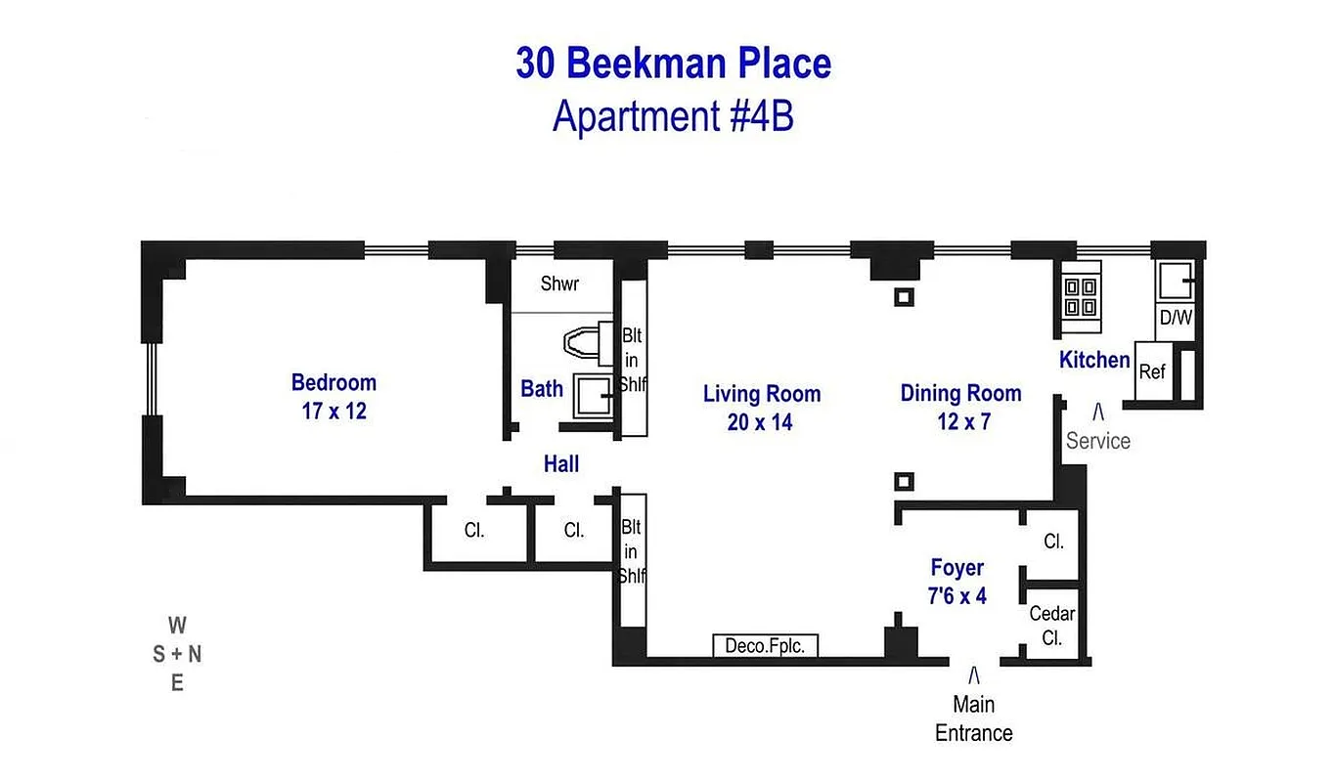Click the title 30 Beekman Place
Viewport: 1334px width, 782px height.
click(x=673, y=65)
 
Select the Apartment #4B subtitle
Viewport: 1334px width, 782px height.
click(x=673, y=116)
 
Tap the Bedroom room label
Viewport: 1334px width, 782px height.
click(x=333, y=382)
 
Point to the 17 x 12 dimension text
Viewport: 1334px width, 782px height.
click(x=333, y=412)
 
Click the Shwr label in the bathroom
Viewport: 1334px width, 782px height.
click(x=559, y=284)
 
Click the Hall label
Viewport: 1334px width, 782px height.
click(x=561, y=465)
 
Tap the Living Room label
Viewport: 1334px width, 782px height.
click(x=762, y=394)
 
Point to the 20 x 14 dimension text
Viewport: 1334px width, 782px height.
click(x=760, y=423)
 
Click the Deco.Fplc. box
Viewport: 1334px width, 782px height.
click(x=765, y=646)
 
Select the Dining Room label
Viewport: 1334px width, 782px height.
click(x=960, y=393)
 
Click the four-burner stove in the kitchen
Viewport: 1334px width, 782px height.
click(x=1080, y=297)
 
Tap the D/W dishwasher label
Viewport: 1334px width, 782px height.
click(x=1175, y=319)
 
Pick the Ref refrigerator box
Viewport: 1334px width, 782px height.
click(x=1152, y=372)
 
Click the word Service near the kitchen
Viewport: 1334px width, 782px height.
click(x=1097, y=441)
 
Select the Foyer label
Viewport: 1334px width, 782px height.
click(x=956, y=568)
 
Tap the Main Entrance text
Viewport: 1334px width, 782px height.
click(x=973, y=718)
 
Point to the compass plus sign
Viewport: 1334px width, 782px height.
click(x=177, y=655)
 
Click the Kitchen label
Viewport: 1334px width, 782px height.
click(x=1094, y=360)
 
